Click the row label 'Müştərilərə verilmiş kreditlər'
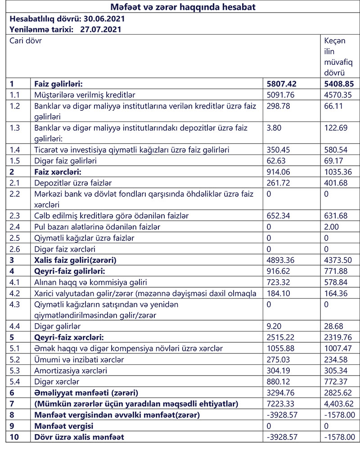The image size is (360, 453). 85,95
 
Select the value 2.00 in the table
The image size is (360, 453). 332,226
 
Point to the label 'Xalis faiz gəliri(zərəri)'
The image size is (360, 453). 76,260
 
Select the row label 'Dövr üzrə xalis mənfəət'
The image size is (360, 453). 79,437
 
